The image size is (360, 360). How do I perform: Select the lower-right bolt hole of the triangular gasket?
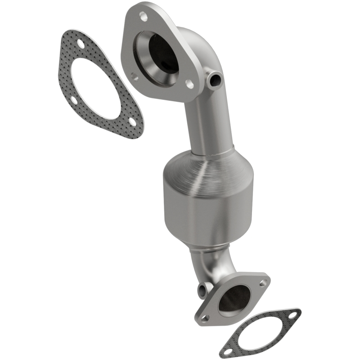[x=131, y=121]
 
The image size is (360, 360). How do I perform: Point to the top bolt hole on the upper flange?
[x=144, y=17]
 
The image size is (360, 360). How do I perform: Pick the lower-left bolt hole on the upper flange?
[x=134, y=77]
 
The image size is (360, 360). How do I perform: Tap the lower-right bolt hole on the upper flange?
[x=190, y=84]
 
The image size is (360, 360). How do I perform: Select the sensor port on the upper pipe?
[x=216, y=80]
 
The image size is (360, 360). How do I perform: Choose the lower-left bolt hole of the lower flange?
[x=205, y=318]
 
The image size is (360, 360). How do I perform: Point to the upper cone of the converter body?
[x=202, y=169]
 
